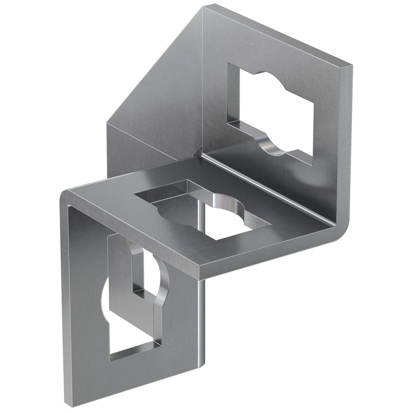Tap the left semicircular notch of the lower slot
105,295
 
